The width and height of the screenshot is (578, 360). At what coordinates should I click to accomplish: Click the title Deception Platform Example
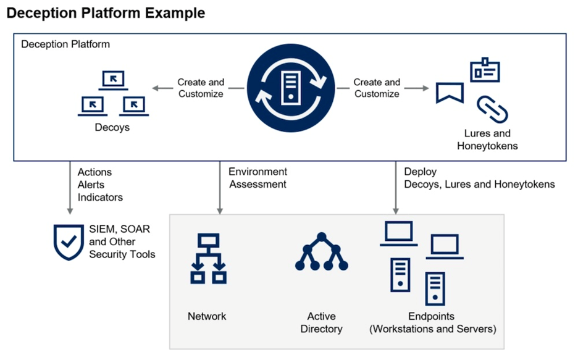pos(106,13)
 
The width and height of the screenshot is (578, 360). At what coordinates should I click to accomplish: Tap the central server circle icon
pos(290,88)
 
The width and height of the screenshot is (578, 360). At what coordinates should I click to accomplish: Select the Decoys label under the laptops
pos(112,128)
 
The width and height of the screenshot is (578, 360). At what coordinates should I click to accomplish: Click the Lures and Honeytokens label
pos(487,140)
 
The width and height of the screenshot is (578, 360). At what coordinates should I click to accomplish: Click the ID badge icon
pos(485,70)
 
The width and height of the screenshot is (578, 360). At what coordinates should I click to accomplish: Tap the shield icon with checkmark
pos(68,242)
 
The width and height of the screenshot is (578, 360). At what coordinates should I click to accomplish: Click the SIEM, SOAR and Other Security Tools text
pos(122,241)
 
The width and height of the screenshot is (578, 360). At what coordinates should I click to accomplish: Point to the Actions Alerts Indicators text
pos(100,185)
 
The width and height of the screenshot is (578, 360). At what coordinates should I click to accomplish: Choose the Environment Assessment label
pos(258,178)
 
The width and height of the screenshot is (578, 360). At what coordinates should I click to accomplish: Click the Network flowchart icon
pos(208,259)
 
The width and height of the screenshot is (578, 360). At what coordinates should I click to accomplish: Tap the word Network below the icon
pos(207,316)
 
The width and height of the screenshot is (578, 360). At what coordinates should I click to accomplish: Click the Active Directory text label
pos(321,322)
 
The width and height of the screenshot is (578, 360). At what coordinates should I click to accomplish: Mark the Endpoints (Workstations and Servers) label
pos(432,322)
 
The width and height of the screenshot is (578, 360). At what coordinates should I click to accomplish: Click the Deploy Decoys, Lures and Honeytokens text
pos(479,178)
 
